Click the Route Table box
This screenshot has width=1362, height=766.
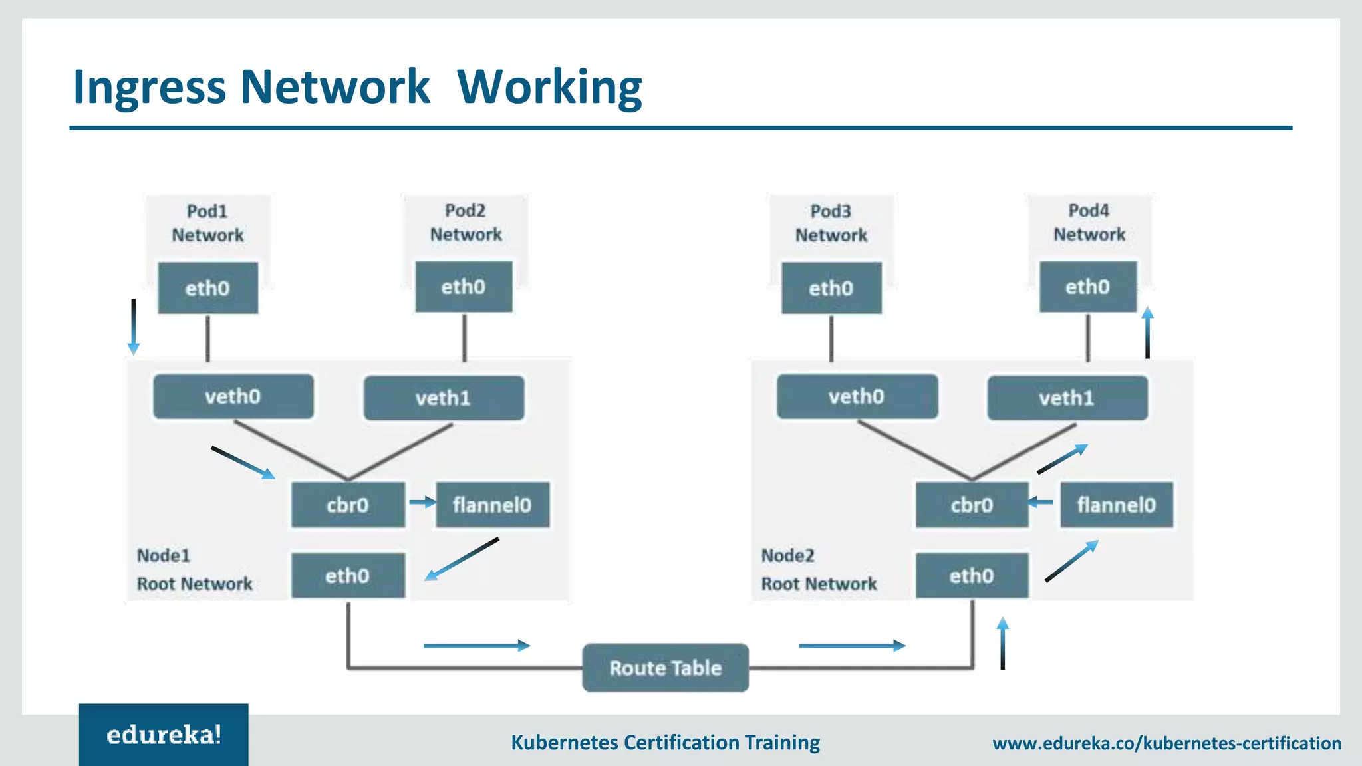(665, 668)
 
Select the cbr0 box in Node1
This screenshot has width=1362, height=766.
(348, 505)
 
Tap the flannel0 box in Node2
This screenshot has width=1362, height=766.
(1116, 505)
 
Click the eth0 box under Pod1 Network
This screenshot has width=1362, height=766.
(207, 288)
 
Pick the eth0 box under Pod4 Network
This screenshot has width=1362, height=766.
(1088, 287)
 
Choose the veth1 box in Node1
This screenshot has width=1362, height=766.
(444, 398)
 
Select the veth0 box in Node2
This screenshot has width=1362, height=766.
(857, 397)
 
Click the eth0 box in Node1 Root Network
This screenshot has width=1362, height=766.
(348, 576)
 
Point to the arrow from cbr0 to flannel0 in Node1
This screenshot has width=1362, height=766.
(422, 503)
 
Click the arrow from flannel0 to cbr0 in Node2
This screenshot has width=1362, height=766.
(1040, 503)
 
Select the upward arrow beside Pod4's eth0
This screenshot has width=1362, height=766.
(1147, 332)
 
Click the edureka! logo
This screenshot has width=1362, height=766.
(164, 735)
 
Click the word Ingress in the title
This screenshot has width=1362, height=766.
(150, 87)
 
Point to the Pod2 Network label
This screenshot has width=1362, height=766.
(466, 223)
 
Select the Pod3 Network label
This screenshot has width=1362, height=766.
(831, 223)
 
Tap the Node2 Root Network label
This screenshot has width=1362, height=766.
(819, 570)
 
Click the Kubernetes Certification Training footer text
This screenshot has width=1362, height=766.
(665, 743)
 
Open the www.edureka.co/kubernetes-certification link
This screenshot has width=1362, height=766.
(1166, 743)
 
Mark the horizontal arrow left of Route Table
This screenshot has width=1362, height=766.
(476, 645)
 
